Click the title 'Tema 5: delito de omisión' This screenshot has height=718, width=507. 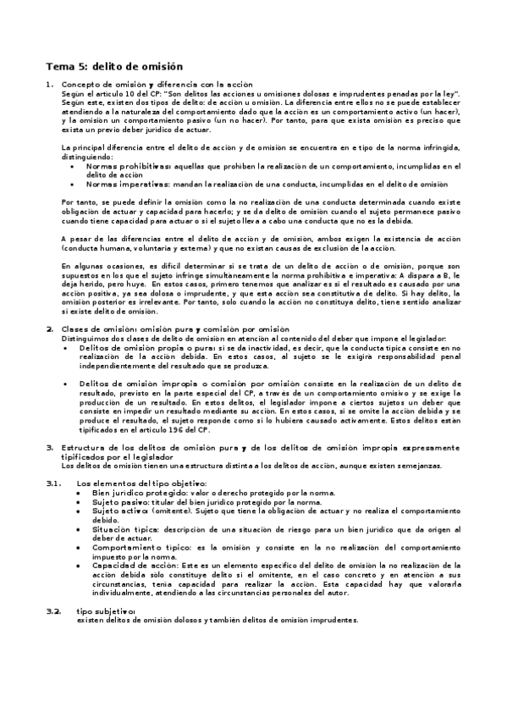[x=113, y=65]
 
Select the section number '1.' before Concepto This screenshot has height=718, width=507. [x=50, y=85]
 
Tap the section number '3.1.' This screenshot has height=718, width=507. [x=53, y=483]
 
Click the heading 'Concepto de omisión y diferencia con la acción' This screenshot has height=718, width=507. [x=157, y=85]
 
